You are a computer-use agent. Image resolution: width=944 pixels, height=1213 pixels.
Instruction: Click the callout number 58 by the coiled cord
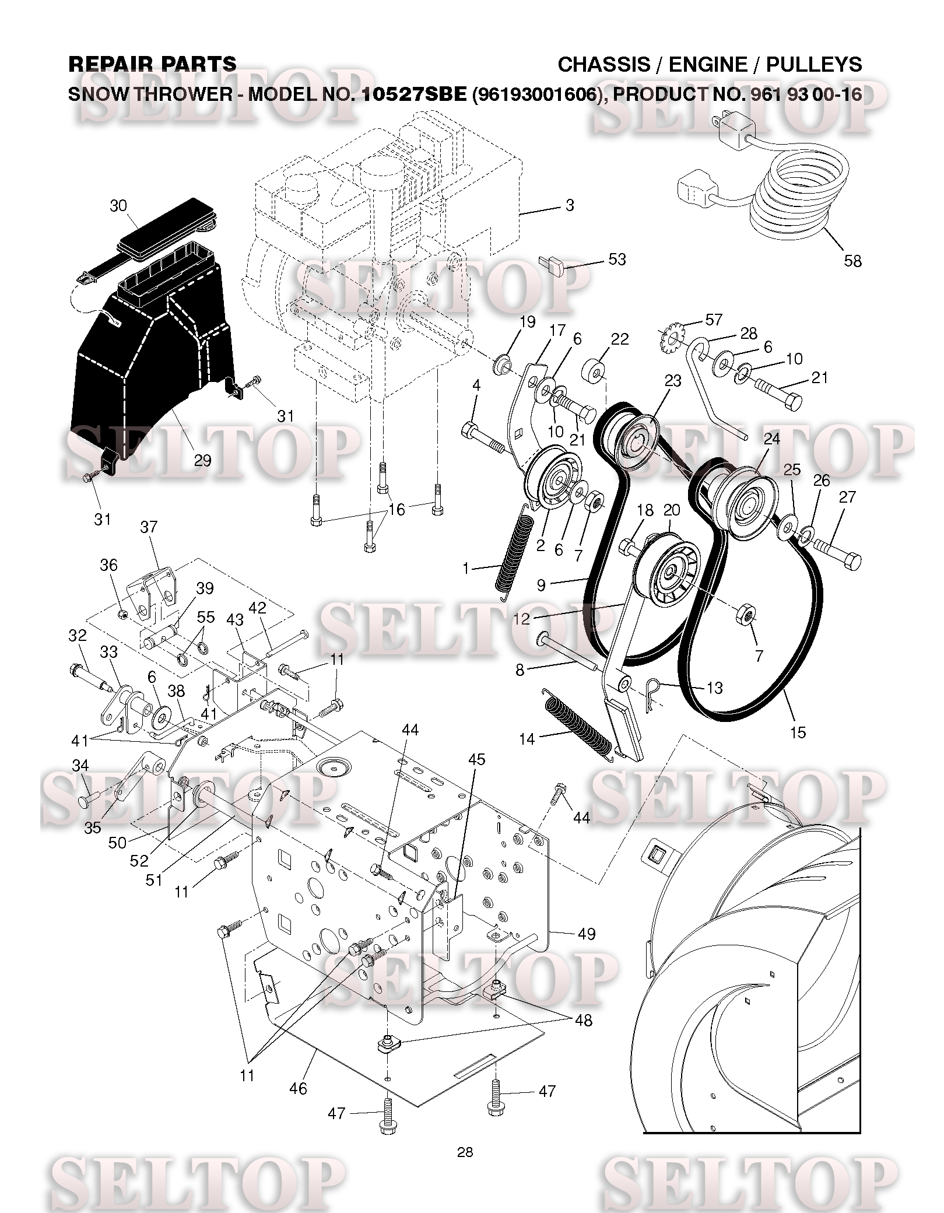852,260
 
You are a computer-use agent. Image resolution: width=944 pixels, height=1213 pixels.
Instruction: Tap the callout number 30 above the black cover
118,205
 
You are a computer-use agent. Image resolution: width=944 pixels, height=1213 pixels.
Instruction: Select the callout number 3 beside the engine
570,205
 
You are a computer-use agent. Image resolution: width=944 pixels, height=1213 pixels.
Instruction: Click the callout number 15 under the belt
797,732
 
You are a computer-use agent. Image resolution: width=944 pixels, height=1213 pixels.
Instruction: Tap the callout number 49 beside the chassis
587,934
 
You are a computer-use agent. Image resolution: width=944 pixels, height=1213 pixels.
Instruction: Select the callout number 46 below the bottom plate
298,1088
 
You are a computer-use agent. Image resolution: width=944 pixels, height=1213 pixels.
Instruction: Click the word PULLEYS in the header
814,64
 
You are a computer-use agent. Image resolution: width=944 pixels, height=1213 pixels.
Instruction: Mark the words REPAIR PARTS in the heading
152,64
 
